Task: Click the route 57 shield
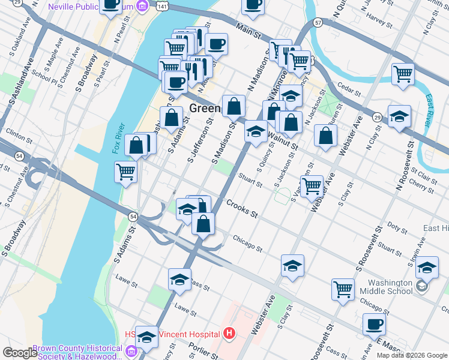coord(318,22)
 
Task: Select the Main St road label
coord(249,28)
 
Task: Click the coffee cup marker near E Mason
coord(375,325)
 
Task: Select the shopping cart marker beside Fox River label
coord(126,172)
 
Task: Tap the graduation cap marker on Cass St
coord(179,280)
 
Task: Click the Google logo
coord(20,353)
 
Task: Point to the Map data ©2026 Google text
coord(412,355)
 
